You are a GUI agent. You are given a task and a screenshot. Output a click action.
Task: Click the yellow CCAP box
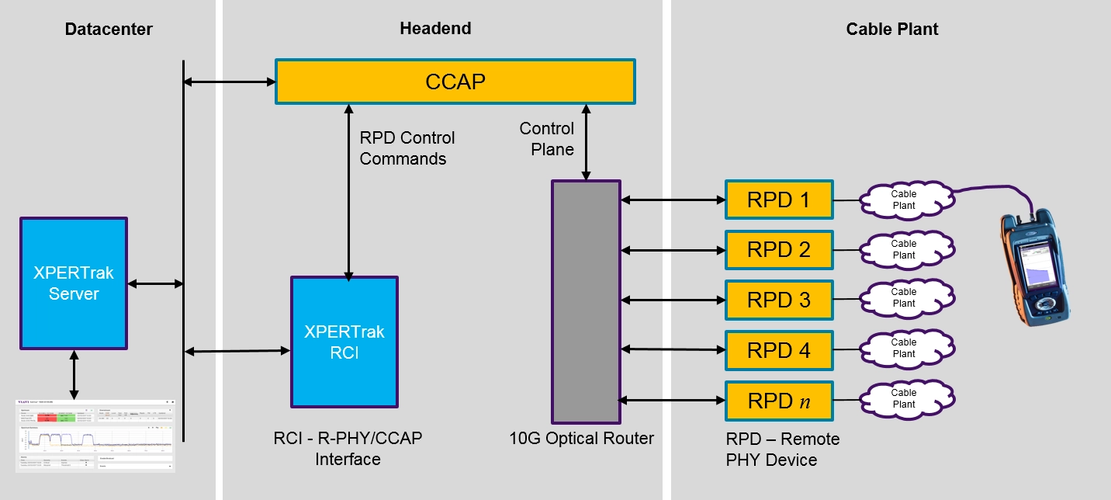[455, 82]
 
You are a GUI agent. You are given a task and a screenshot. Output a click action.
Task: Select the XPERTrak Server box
[74, 283]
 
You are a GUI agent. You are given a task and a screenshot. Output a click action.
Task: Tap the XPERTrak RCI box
[344, 342]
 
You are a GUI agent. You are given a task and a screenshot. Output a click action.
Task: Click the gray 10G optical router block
[586, 301]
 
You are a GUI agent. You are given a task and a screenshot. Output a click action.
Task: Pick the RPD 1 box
[778, 200]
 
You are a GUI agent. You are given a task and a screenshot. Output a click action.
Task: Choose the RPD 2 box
[778, 250]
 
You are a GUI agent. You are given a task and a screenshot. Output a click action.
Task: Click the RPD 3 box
[778, 300]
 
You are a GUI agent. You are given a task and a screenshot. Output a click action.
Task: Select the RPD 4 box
[778, 350]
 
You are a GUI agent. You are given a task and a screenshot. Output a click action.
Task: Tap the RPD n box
[778, 401]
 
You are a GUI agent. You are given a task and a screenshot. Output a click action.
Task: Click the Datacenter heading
[109, 30]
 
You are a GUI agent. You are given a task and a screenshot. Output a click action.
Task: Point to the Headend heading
[435, 29]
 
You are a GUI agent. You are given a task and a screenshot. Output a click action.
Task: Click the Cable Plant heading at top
[892, 30]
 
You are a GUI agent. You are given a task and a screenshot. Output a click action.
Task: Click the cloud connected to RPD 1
[903, 200]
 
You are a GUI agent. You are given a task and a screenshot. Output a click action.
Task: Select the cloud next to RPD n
[903, 399]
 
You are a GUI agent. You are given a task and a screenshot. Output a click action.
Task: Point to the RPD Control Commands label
[407, 148]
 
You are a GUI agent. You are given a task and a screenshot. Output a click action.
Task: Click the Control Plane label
[547, 139]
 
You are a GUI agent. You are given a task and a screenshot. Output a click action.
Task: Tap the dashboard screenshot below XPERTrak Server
[95, 435]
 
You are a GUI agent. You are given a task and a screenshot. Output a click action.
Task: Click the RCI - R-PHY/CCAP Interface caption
[348, 449]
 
